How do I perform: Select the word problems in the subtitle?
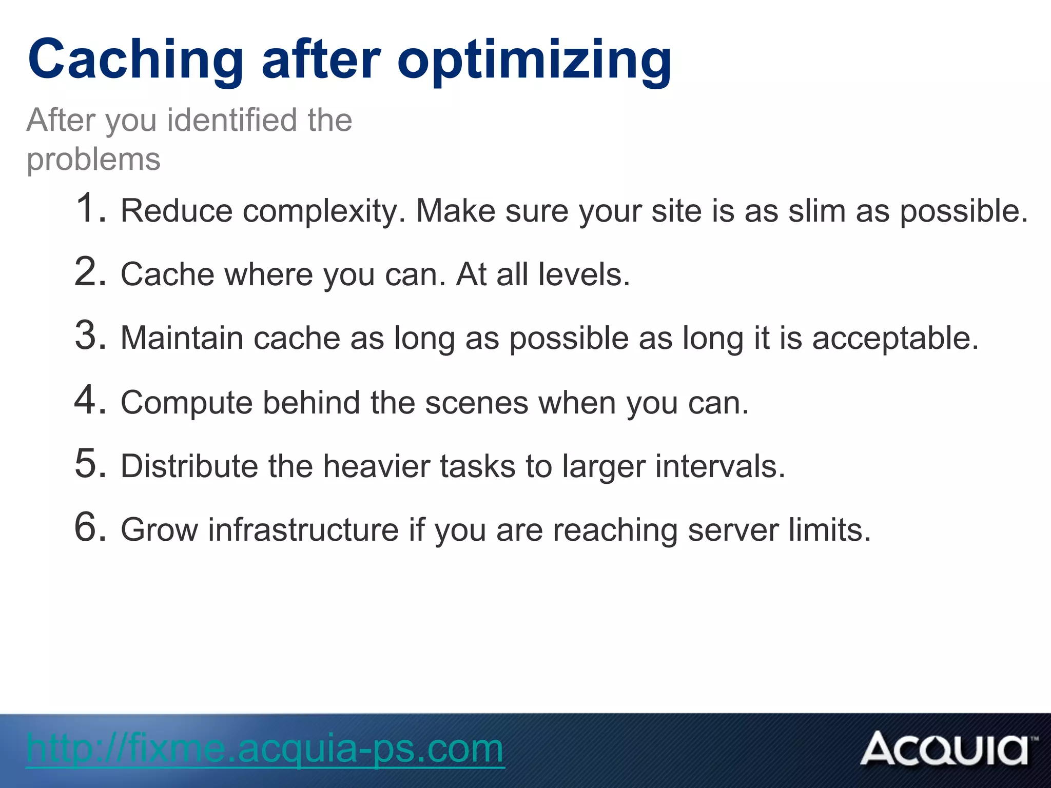93,160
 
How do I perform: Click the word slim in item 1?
817,211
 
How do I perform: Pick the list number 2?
89,272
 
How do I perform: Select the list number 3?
89,336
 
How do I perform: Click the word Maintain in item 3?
182,339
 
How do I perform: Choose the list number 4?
89,400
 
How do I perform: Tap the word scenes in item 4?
476,403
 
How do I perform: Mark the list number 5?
89,464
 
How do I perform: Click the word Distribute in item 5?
189,466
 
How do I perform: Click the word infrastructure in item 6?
303,530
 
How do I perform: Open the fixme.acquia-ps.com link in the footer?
265,749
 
